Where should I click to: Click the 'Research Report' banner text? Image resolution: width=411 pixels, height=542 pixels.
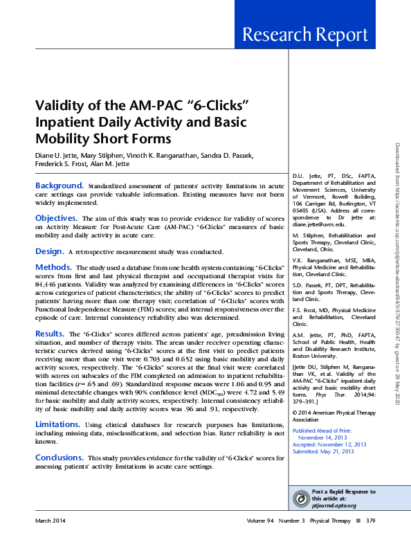(x=314, y=35)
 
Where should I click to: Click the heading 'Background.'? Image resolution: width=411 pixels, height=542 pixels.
(x=60, y=186)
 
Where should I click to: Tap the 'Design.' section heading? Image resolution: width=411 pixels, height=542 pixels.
(x=50, y=250)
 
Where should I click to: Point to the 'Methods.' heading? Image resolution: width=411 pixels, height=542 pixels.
(x=54, y=267)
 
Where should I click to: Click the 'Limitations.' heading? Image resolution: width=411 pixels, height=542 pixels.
(x=61, y=423)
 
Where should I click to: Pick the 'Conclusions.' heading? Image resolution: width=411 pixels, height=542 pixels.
(x=60, y=458)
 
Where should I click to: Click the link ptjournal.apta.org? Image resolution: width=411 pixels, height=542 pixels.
(x=334, y=505)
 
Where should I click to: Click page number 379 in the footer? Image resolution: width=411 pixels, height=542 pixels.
(x=370, y=520)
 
